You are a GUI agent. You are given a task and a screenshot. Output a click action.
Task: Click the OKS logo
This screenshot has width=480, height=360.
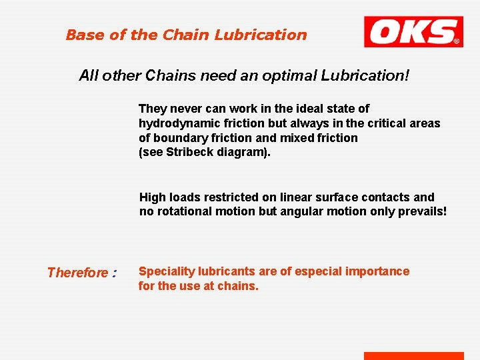coord(413,32)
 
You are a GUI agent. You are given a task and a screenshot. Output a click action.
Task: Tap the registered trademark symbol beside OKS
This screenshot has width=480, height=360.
coord(457,41)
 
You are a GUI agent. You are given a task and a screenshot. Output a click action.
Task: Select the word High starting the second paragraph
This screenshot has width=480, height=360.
coord(153,197)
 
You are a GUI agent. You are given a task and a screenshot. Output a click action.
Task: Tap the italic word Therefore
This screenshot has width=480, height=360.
coord(77,273)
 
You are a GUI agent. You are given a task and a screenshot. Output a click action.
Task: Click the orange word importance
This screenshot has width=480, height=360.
coord(379,271)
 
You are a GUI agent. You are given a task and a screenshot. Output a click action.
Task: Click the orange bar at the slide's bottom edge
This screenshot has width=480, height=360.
coord(413,356)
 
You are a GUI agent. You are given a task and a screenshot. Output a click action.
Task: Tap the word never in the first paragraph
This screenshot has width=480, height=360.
coord(182,109)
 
